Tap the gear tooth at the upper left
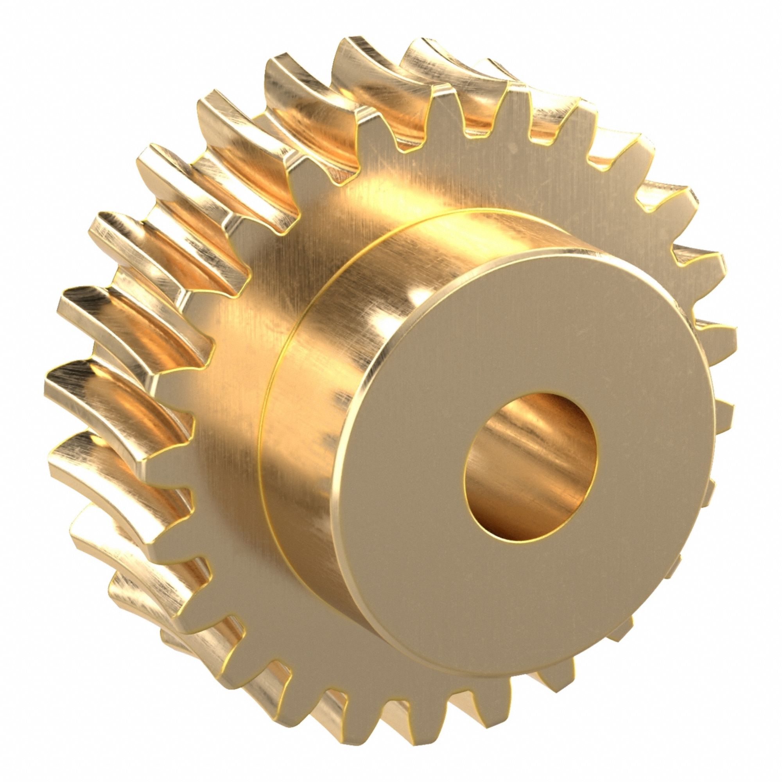(x=162, y=162)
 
